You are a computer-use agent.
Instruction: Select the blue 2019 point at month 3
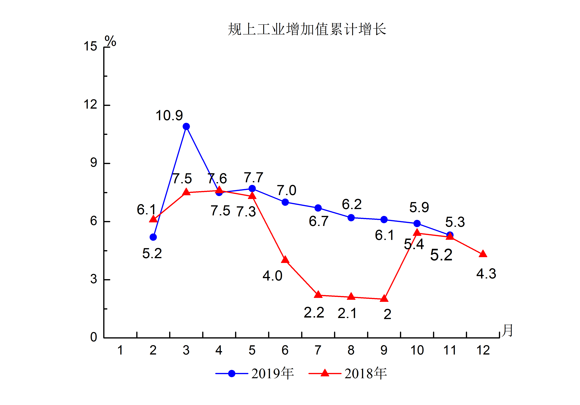186,127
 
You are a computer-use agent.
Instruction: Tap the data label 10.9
169,116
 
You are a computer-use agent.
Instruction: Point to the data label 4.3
486,274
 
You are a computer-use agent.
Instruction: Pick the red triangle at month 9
384,298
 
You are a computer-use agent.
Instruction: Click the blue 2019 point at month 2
153,237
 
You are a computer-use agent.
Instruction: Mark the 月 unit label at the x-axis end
507,330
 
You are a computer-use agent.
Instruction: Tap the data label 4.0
272,276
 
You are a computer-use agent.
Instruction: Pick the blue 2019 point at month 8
351,218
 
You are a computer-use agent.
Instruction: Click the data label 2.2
314,313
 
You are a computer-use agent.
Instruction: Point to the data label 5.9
419,207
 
